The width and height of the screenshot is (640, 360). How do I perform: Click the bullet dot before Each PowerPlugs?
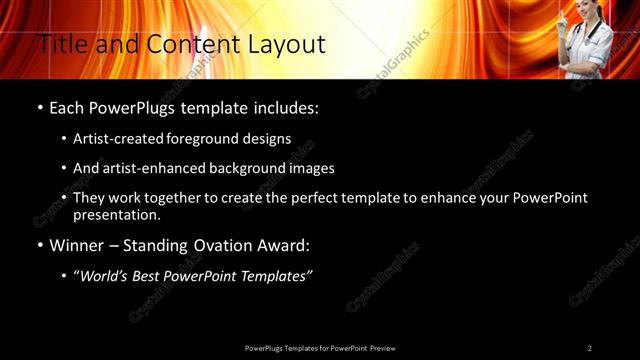[x=39, y=108]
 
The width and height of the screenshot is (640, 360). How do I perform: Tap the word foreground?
[x=216, y=139]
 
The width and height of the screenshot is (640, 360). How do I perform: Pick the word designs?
[x=272, y=139]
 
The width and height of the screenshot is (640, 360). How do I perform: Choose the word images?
[x=306, y=169]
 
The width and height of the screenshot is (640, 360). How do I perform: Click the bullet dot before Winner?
[x=39, y=245]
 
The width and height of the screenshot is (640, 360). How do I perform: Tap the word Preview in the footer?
[x=382, y=348]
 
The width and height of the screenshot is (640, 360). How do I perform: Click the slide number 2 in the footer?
[x=590, y=348]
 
